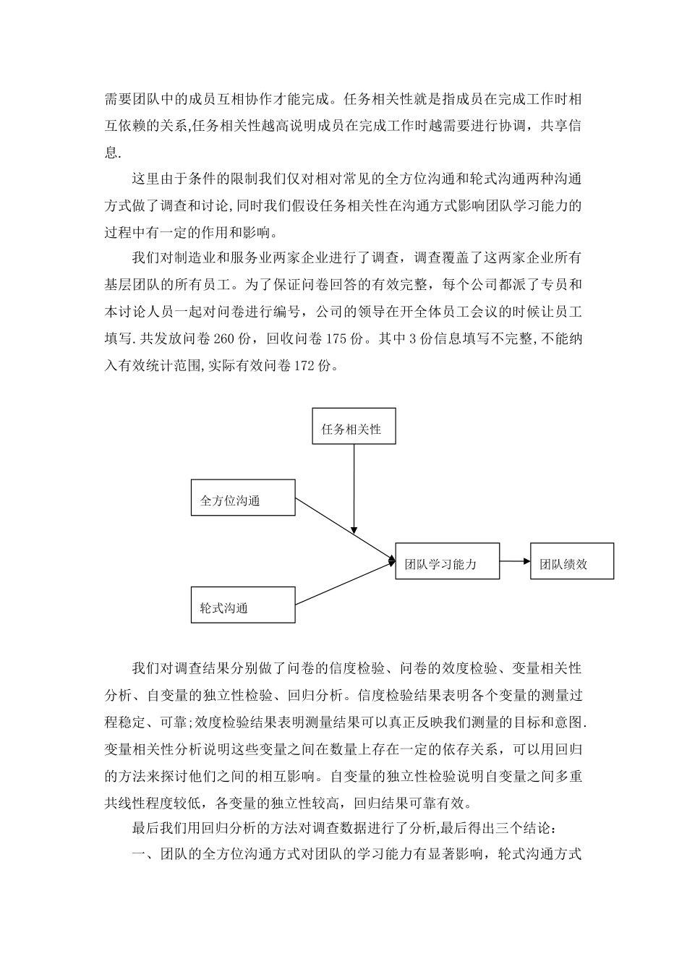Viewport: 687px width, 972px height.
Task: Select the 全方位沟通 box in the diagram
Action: click(x=243, y=497)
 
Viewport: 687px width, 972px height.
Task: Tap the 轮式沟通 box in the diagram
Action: click(x=243, y=605)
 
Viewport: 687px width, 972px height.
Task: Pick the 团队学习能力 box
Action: click(x=448, y=561)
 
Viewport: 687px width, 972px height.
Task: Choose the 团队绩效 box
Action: click(x=572, y=561)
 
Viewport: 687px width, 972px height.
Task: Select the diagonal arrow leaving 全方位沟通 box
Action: click(x=343, y=528)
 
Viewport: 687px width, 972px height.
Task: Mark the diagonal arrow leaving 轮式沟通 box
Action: click(x=343, y=583)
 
